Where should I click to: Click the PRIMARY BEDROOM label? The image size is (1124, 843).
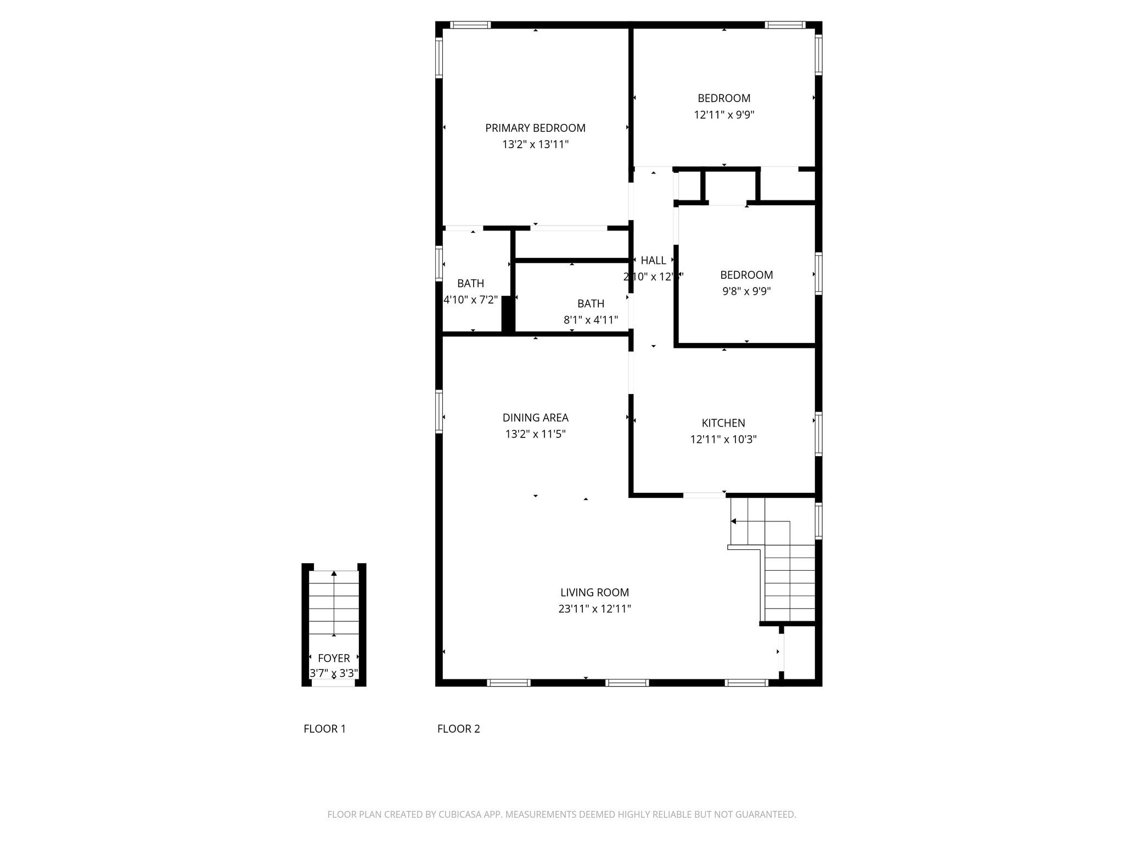535,128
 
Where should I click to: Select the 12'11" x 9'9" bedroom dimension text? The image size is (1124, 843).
724,115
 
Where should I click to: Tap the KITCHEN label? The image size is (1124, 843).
723,423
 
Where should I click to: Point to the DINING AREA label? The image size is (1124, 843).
535,418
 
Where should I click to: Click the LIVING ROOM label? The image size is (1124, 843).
594,592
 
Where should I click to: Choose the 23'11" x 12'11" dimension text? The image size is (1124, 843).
594,609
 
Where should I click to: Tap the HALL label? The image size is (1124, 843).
653,260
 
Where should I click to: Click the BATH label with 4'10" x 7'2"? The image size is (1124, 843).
470,283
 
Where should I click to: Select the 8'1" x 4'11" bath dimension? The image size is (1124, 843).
591,320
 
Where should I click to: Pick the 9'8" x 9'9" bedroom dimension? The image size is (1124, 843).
746,291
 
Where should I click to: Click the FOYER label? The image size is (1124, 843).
334,658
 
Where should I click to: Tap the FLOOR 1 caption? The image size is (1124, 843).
324,729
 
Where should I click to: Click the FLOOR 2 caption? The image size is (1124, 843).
458,729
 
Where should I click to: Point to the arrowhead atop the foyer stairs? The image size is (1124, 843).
334,574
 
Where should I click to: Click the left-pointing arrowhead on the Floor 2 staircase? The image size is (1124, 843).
734,521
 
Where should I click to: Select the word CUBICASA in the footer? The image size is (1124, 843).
460,814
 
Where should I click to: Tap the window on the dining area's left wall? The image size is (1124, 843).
439,411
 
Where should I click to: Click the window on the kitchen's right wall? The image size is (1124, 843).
818,434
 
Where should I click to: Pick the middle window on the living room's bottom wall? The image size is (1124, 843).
627,683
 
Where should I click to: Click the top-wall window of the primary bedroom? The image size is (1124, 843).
470,25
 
